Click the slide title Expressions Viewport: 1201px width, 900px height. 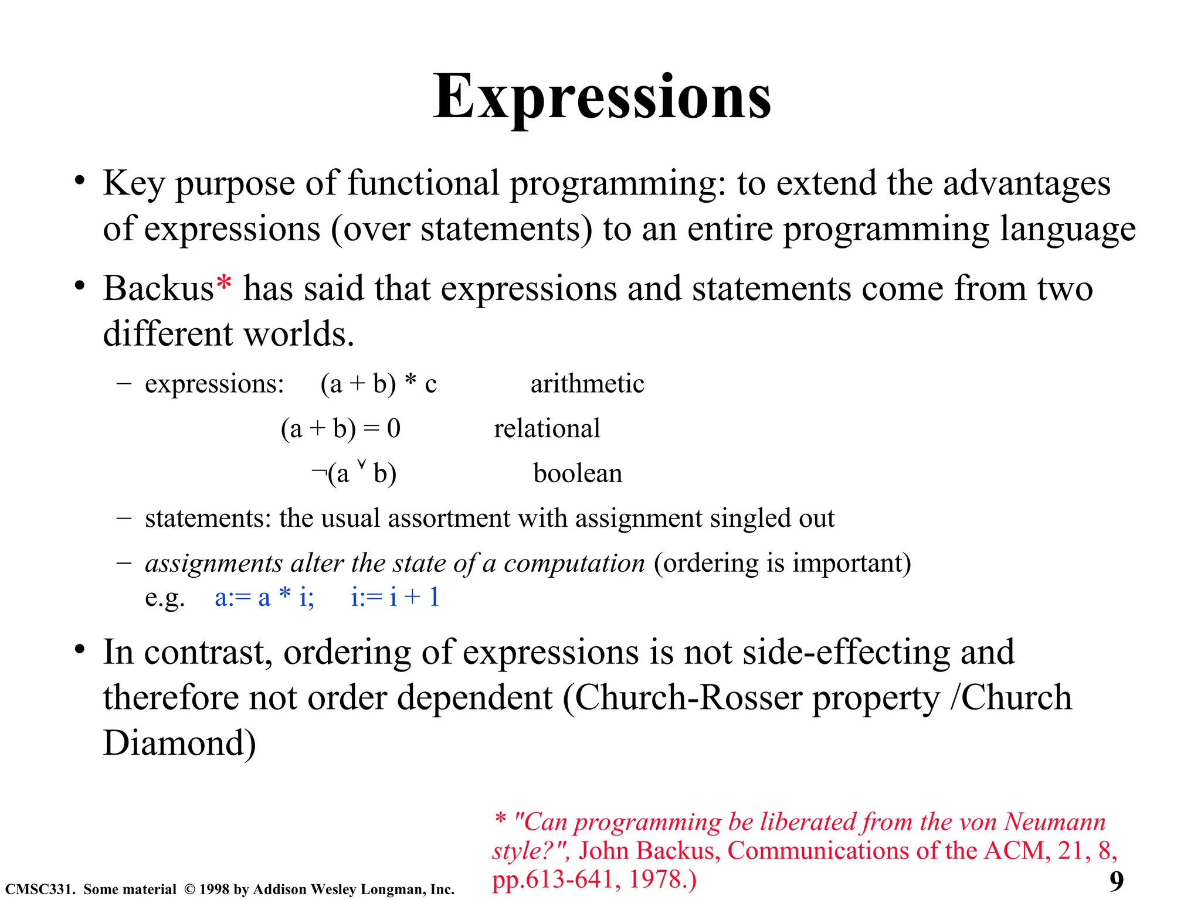pos(602,97)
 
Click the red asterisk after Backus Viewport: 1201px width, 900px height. pos(223,284)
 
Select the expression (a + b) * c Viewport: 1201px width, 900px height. pos(378,384)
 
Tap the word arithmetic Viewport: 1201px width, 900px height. pos(587,384)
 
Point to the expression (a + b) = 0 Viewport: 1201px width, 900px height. pos(340,429)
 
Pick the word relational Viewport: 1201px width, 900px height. pos(547,429)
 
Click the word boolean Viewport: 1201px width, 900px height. pos(577,473)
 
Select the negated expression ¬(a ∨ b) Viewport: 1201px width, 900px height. pos(354,473)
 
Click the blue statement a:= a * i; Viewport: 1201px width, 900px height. pos(264,598)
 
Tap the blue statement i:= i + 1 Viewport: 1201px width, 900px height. pos(395,598)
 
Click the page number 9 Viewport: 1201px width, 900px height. pos(1116,881)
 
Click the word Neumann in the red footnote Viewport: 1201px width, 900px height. pos(1054,822)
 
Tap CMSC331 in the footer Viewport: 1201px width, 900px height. pos(39,889)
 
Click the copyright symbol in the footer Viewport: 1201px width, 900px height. pos(189,889)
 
